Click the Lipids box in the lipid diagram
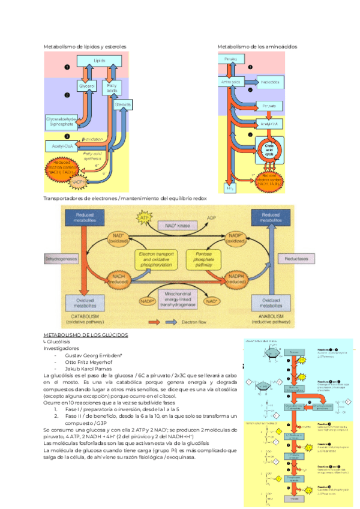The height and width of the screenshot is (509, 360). click(99, 61)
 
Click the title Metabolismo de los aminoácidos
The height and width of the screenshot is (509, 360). click(257, 46)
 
